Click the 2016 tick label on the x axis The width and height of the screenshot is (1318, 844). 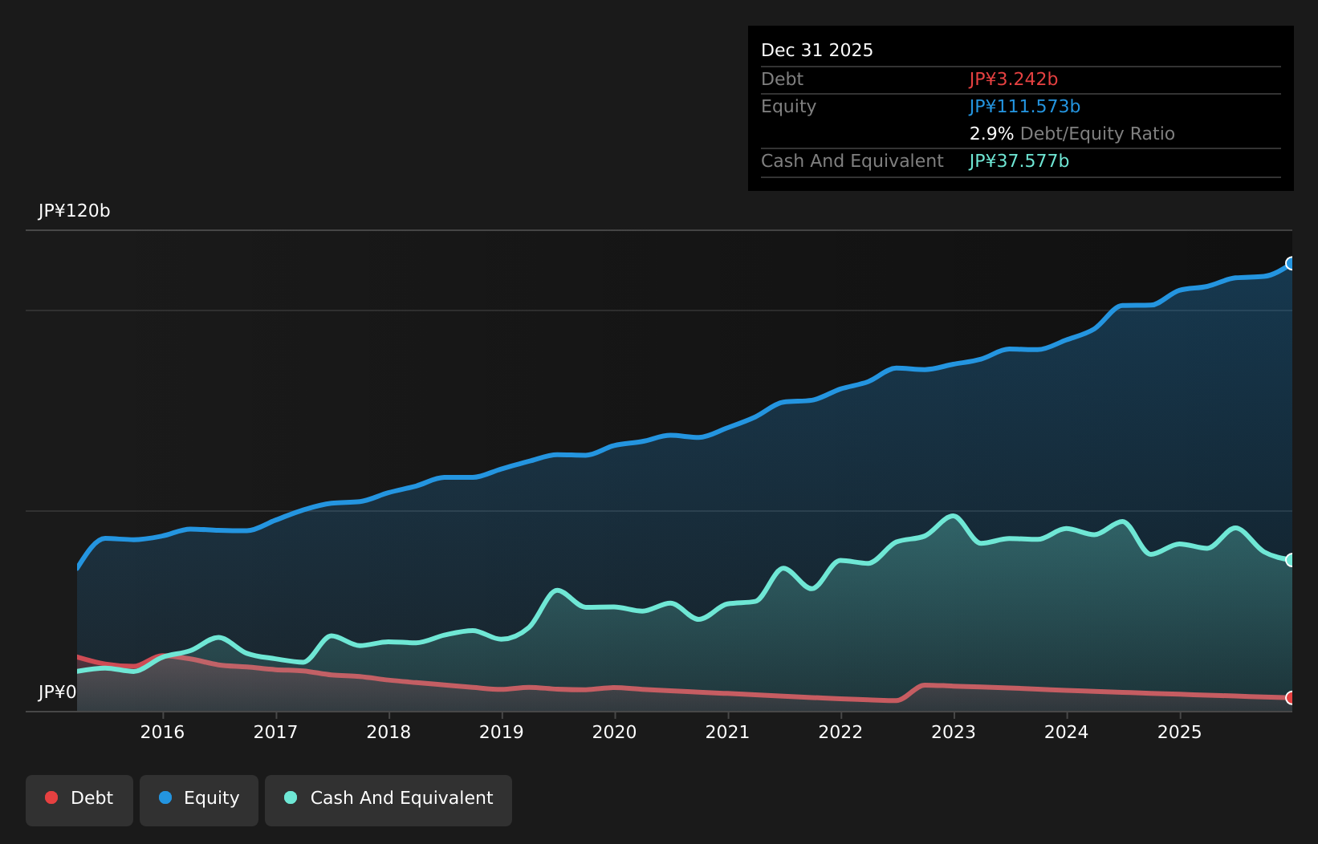coord(162,732)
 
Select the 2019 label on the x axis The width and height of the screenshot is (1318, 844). coord(502,732)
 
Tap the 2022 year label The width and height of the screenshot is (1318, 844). coord(840,732)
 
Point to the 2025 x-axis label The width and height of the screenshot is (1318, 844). coord(1179,732)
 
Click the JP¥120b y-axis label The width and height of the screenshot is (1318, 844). coord(74,211)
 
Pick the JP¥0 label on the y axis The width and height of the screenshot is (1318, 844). coord(57,692)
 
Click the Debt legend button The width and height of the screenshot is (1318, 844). coord(79,798)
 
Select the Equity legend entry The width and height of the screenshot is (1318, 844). coord(199,798)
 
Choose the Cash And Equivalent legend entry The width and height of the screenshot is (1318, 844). coord(388,798)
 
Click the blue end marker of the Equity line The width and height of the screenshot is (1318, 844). coord(1291,264)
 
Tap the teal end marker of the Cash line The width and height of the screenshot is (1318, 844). coord(1291,560)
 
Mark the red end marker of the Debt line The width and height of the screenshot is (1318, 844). coord(1291,698)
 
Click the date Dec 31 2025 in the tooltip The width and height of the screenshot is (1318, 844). coord(816,51)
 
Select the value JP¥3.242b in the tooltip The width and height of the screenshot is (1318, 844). coord(1013,79)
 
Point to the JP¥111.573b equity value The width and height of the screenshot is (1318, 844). coord(1024,107)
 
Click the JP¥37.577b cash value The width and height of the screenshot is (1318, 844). coord(1019,161)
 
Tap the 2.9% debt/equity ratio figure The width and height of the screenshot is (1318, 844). coord(991,134)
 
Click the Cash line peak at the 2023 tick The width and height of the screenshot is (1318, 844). coord(954,516)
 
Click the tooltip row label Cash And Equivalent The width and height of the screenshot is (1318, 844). coord(852,161)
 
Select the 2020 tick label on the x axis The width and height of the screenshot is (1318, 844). coord(615,732)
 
